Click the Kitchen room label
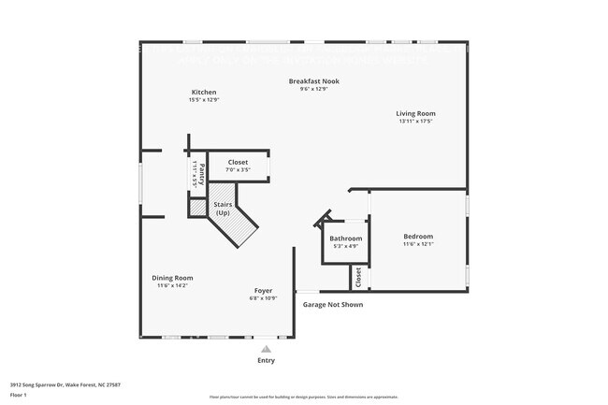204,93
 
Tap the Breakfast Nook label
313,81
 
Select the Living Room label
416,114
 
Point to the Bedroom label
418,237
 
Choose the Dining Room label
173,278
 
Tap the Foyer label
263,291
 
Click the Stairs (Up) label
223,209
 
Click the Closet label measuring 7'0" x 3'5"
238,162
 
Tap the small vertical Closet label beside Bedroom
357,277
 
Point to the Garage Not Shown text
332,305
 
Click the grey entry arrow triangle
266,348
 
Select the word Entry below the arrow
266,360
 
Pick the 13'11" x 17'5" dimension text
416,122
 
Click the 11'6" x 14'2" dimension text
173,285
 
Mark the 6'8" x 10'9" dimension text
263,298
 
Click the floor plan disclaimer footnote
303,398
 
